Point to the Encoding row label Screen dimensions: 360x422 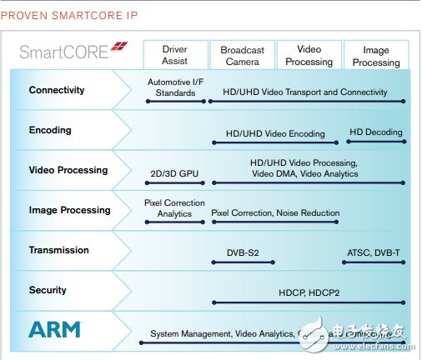pyautogui.click(x=50, y=130)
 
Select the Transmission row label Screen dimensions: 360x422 pyautogui.click(x=58, y=250)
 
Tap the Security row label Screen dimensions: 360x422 pyautogui.click(x=48, y=290)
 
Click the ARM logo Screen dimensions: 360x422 pyautogui.click(x=55, y=329)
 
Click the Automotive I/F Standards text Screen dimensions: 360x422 pyautogui.click(x=176, y=87)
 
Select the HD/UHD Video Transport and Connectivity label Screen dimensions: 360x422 pyautogui.click(x=305, y=92)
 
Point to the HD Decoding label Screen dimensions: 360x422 pyautogui.click(x=374, y=132)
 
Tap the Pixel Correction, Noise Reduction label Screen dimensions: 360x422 pyautogui.click(x=275, y=213)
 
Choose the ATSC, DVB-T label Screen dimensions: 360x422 pyautogui.click(x=374, y=252)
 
